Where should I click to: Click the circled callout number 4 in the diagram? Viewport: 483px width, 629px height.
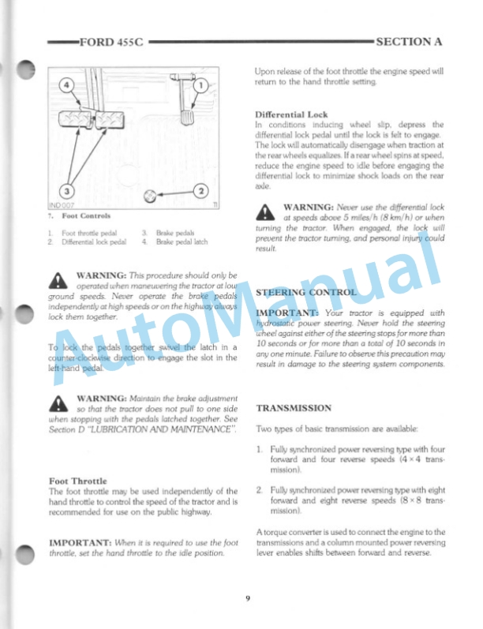(67, 84)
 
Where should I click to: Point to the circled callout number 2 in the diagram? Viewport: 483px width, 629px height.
(201, 191)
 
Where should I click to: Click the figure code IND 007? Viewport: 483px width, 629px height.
(60, 205)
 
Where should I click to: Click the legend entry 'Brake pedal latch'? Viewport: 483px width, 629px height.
(182, 241)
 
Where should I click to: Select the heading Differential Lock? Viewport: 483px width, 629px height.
(291, 114)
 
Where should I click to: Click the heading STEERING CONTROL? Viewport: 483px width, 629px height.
(305, 292)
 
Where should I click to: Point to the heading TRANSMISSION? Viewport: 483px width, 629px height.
(294, 408)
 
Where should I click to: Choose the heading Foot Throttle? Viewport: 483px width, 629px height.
(78, 481)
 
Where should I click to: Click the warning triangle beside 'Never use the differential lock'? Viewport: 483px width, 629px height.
(267, 212)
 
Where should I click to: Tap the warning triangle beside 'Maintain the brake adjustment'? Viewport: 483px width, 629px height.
(60, 404)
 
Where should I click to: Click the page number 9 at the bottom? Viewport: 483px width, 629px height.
(247, 597)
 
